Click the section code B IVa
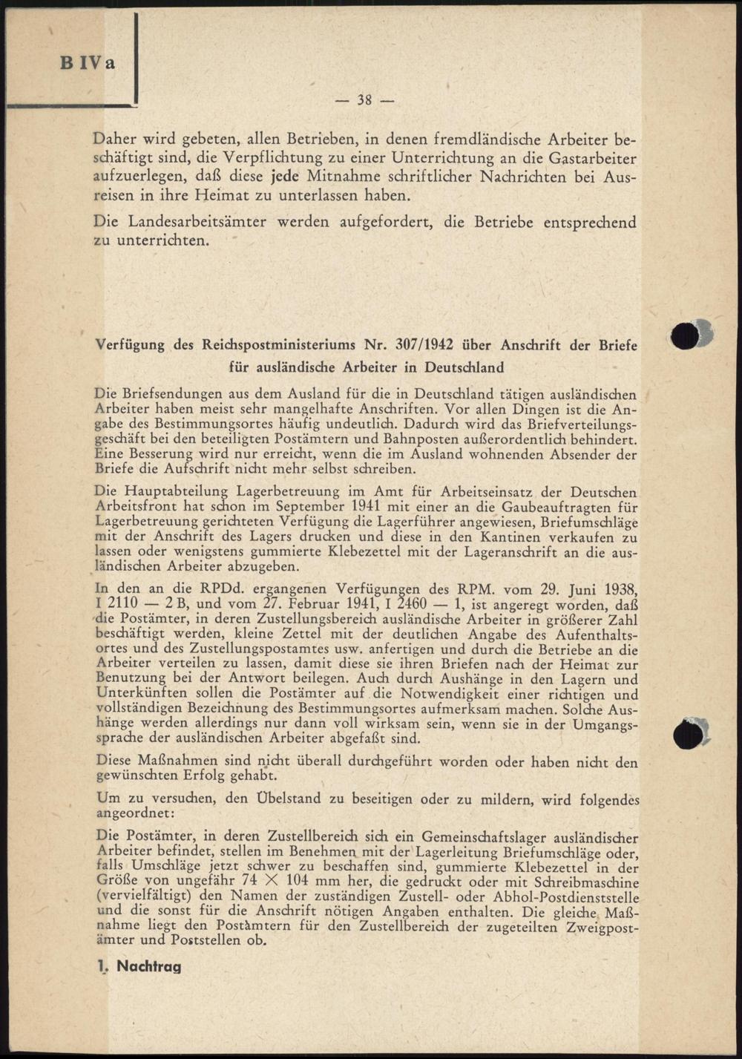coord(88,63)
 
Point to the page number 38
coord(364,99)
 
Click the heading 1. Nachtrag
coord(139,966)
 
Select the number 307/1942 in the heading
coord(424,345)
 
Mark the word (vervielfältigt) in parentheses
coord(143,896)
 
